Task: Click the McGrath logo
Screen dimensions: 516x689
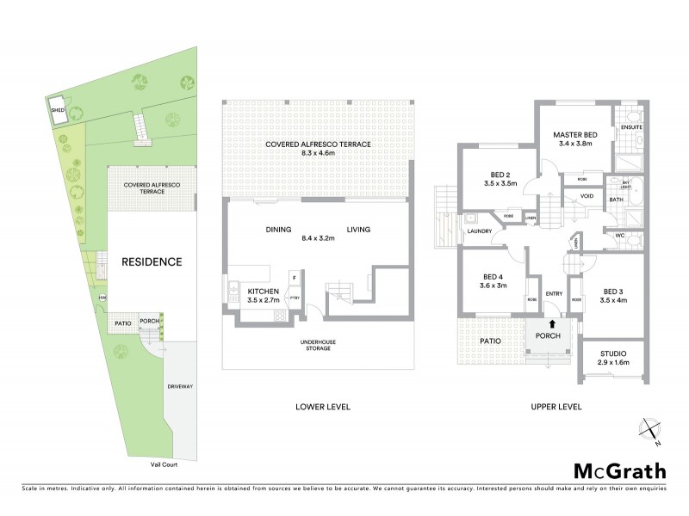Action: coord(619,470)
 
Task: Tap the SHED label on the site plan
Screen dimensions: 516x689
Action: coord(58,111)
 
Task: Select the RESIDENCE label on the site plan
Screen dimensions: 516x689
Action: coord(151,261)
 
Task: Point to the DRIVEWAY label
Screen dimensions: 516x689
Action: coord(179,386)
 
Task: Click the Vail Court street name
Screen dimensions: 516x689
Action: coord(143,464)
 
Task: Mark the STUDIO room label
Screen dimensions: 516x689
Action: coord(613,353)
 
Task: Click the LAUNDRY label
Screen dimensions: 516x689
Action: coord(479,231)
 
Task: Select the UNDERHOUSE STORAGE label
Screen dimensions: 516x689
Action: coord(314,345)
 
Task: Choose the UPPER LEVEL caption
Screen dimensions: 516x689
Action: coord(557,407)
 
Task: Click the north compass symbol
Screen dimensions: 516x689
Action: coord(650,431)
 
